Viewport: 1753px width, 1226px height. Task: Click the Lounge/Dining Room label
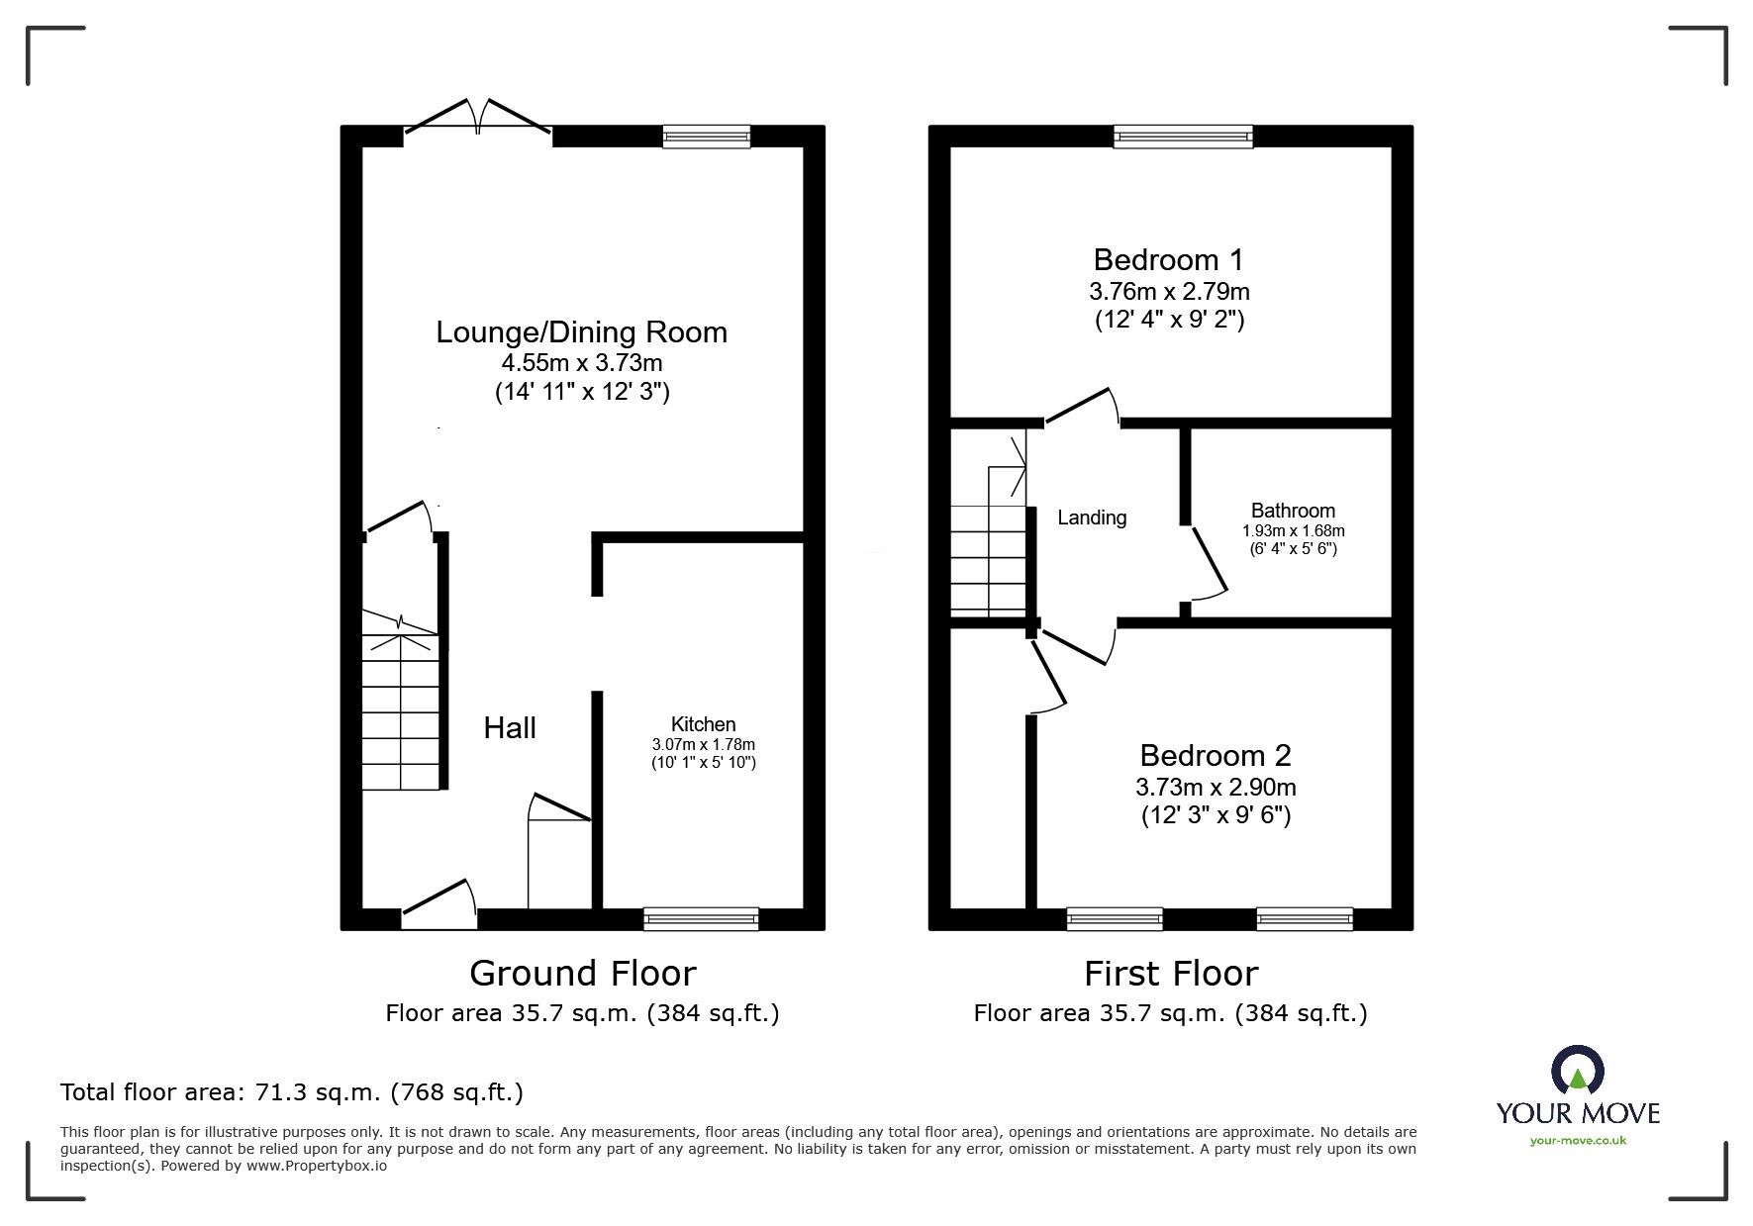(582, 331)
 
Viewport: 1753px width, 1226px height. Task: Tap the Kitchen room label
(704, 724)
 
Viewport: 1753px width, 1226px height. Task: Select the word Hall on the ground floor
(510, 728)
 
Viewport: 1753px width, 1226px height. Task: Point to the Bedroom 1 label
(1169, 260)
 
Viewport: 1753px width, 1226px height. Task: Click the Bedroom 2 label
(1216, 756)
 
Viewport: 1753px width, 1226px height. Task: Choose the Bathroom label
(1293, 511)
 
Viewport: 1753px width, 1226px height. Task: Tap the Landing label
(1092, 518)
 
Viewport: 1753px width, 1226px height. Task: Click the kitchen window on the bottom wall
(701, 919)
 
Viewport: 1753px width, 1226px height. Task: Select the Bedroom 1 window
(1183, 137)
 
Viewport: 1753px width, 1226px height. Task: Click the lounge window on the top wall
(707, 137)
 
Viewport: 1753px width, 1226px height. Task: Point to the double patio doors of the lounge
(478, 116)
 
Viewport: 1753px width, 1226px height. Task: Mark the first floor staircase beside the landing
(989, 539)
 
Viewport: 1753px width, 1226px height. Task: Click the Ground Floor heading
(582, 974)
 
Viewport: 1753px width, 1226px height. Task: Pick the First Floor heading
(1171, 974)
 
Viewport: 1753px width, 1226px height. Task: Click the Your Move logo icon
(1577, 1072)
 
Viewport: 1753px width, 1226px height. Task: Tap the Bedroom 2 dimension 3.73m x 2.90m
(1216, 788)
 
